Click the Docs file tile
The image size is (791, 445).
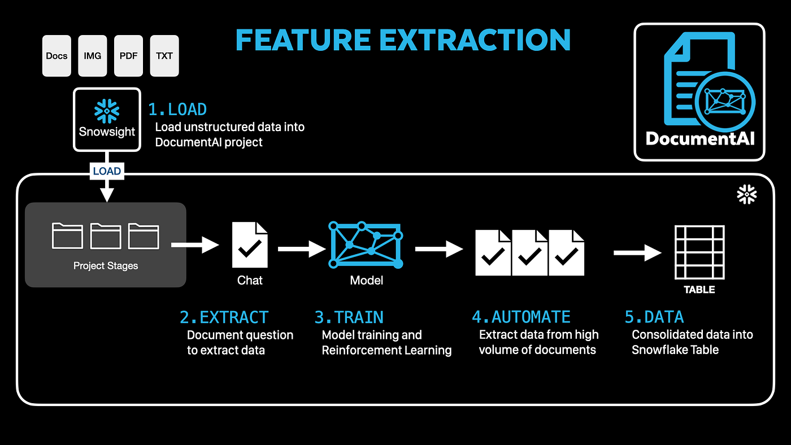point(56,56)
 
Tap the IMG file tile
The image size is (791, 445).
point(92,56)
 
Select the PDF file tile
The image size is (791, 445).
point(128,56)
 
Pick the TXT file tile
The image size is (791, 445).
point(164,56)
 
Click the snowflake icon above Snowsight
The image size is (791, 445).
point(107,111)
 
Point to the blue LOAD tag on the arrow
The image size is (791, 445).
point(107,171)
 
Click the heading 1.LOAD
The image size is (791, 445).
point(177,109)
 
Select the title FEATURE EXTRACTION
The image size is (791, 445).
point(403,40)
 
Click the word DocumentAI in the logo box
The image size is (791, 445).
point(699,138)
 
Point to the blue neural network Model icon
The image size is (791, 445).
point(366,245)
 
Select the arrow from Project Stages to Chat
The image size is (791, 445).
point(194,245)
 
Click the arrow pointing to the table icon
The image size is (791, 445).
point(637,252)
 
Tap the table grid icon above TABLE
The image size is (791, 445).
point(700,252)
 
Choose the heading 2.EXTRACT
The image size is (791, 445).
point(224,317)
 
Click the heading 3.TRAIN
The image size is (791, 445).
point(349,317)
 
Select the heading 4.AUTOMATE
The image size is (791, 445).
point(521,317)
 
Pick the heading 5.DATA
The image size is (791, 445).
point(654,317)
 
